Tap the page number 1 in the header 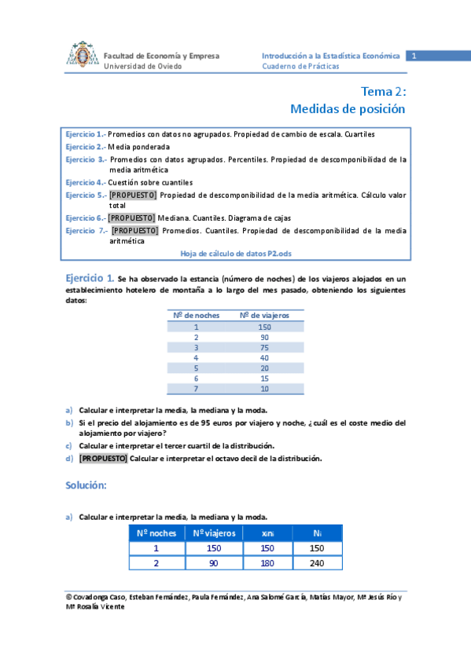[413, 56]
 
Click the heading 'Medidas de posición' [348, 108]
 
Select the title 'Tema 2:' [383, 91]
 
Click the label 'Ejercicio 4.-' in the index [85, 182]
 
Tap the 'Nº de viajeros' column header [264, 315]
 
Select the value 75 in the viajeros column [264, 347]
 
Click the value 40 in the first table [264, 357]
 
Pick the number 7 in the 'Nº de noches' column [195, 389]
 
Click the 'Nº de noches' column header [195, 315]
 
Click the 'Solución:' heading [86, 485]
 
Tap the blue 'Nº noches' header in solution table [156, 533]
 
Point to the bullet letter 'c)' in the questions [69, 446]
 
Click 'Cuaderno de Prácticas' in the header [301, 67]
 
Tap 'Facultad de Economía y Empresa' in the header [162, 56]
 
